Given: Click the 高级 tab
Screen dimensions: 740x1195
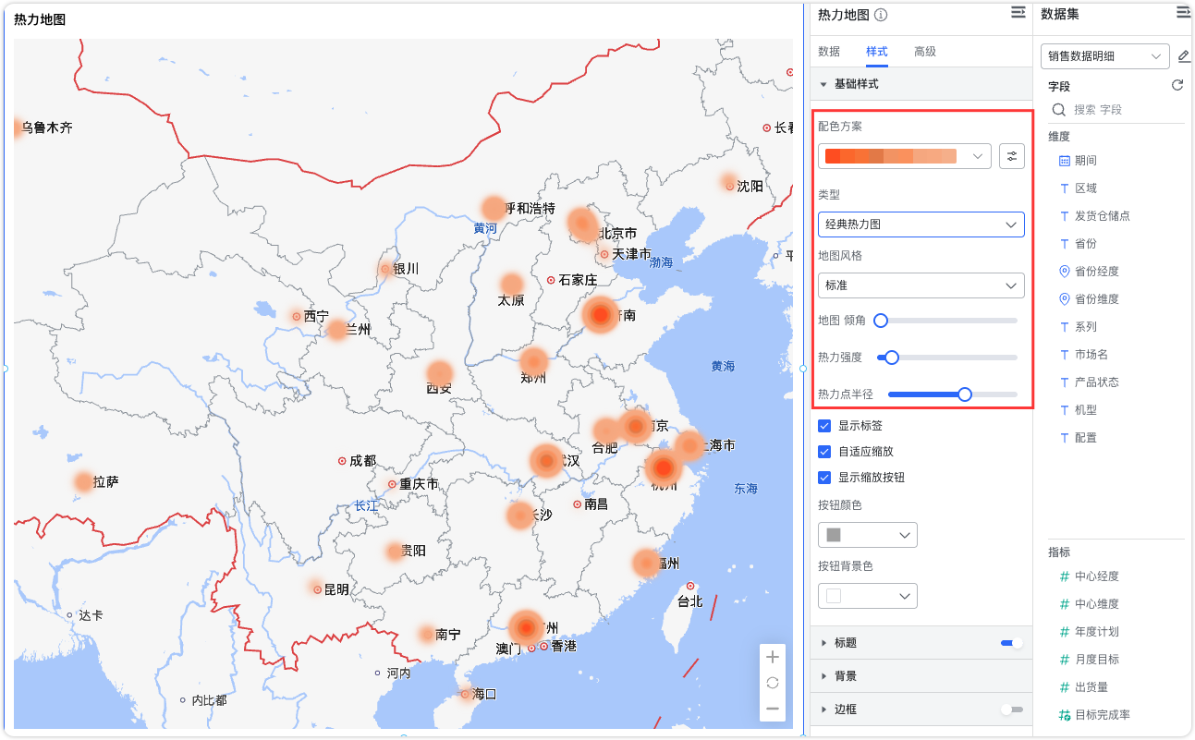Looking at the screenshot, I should [x=924, y=52].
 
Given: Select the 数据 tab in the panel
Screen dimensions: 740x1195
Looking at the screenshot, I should [x=829, y=52].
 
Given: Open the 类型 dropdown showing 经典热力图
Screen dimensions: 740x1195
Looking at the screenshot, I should [x=921, y=224].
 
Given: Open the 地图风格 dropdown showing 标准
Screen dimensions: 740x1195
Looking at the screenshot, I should [x=921, y=285].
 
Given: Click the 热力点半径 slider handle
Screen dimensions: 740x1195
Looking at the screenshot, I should [x=965, y=394].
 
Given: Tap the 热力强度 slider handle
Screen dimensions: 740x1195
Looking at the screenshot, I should [x=892, y=358].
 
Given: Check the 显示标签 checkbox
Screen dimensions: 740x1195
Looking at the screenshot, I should [x=824, y=426].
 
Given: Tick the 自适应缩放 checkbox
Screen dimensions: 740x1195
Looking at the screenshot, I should [x=824, y=452].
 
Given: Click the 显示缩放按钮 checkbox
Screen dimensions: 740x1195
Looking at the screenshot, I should [x=824, y=478].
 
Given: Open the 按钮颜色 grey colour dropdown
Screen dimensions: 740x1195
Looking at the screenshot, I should [x=867, y=535].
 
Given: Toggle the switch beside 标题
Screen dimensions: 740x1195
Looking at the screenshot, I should [x=1012, y=643].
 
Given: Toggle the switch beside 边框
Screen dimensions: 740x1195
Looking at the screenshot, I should [x=1012, y=710].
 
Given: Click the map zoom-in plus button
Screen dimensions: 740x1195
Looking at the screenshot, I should [x=773, y=657].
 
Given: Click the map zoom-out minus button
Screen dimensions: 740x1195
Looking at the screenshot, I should [x=773, y=709].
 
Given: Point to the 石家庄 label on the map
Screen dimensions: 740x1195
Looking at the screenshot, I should [x=578, y=280].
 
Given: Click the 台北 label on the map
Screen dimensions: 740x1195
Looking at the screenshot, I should [x=689, y=601].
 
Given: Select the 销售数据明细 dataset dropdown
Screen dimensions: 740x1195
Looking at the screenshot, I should [x=1104, y=56].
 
